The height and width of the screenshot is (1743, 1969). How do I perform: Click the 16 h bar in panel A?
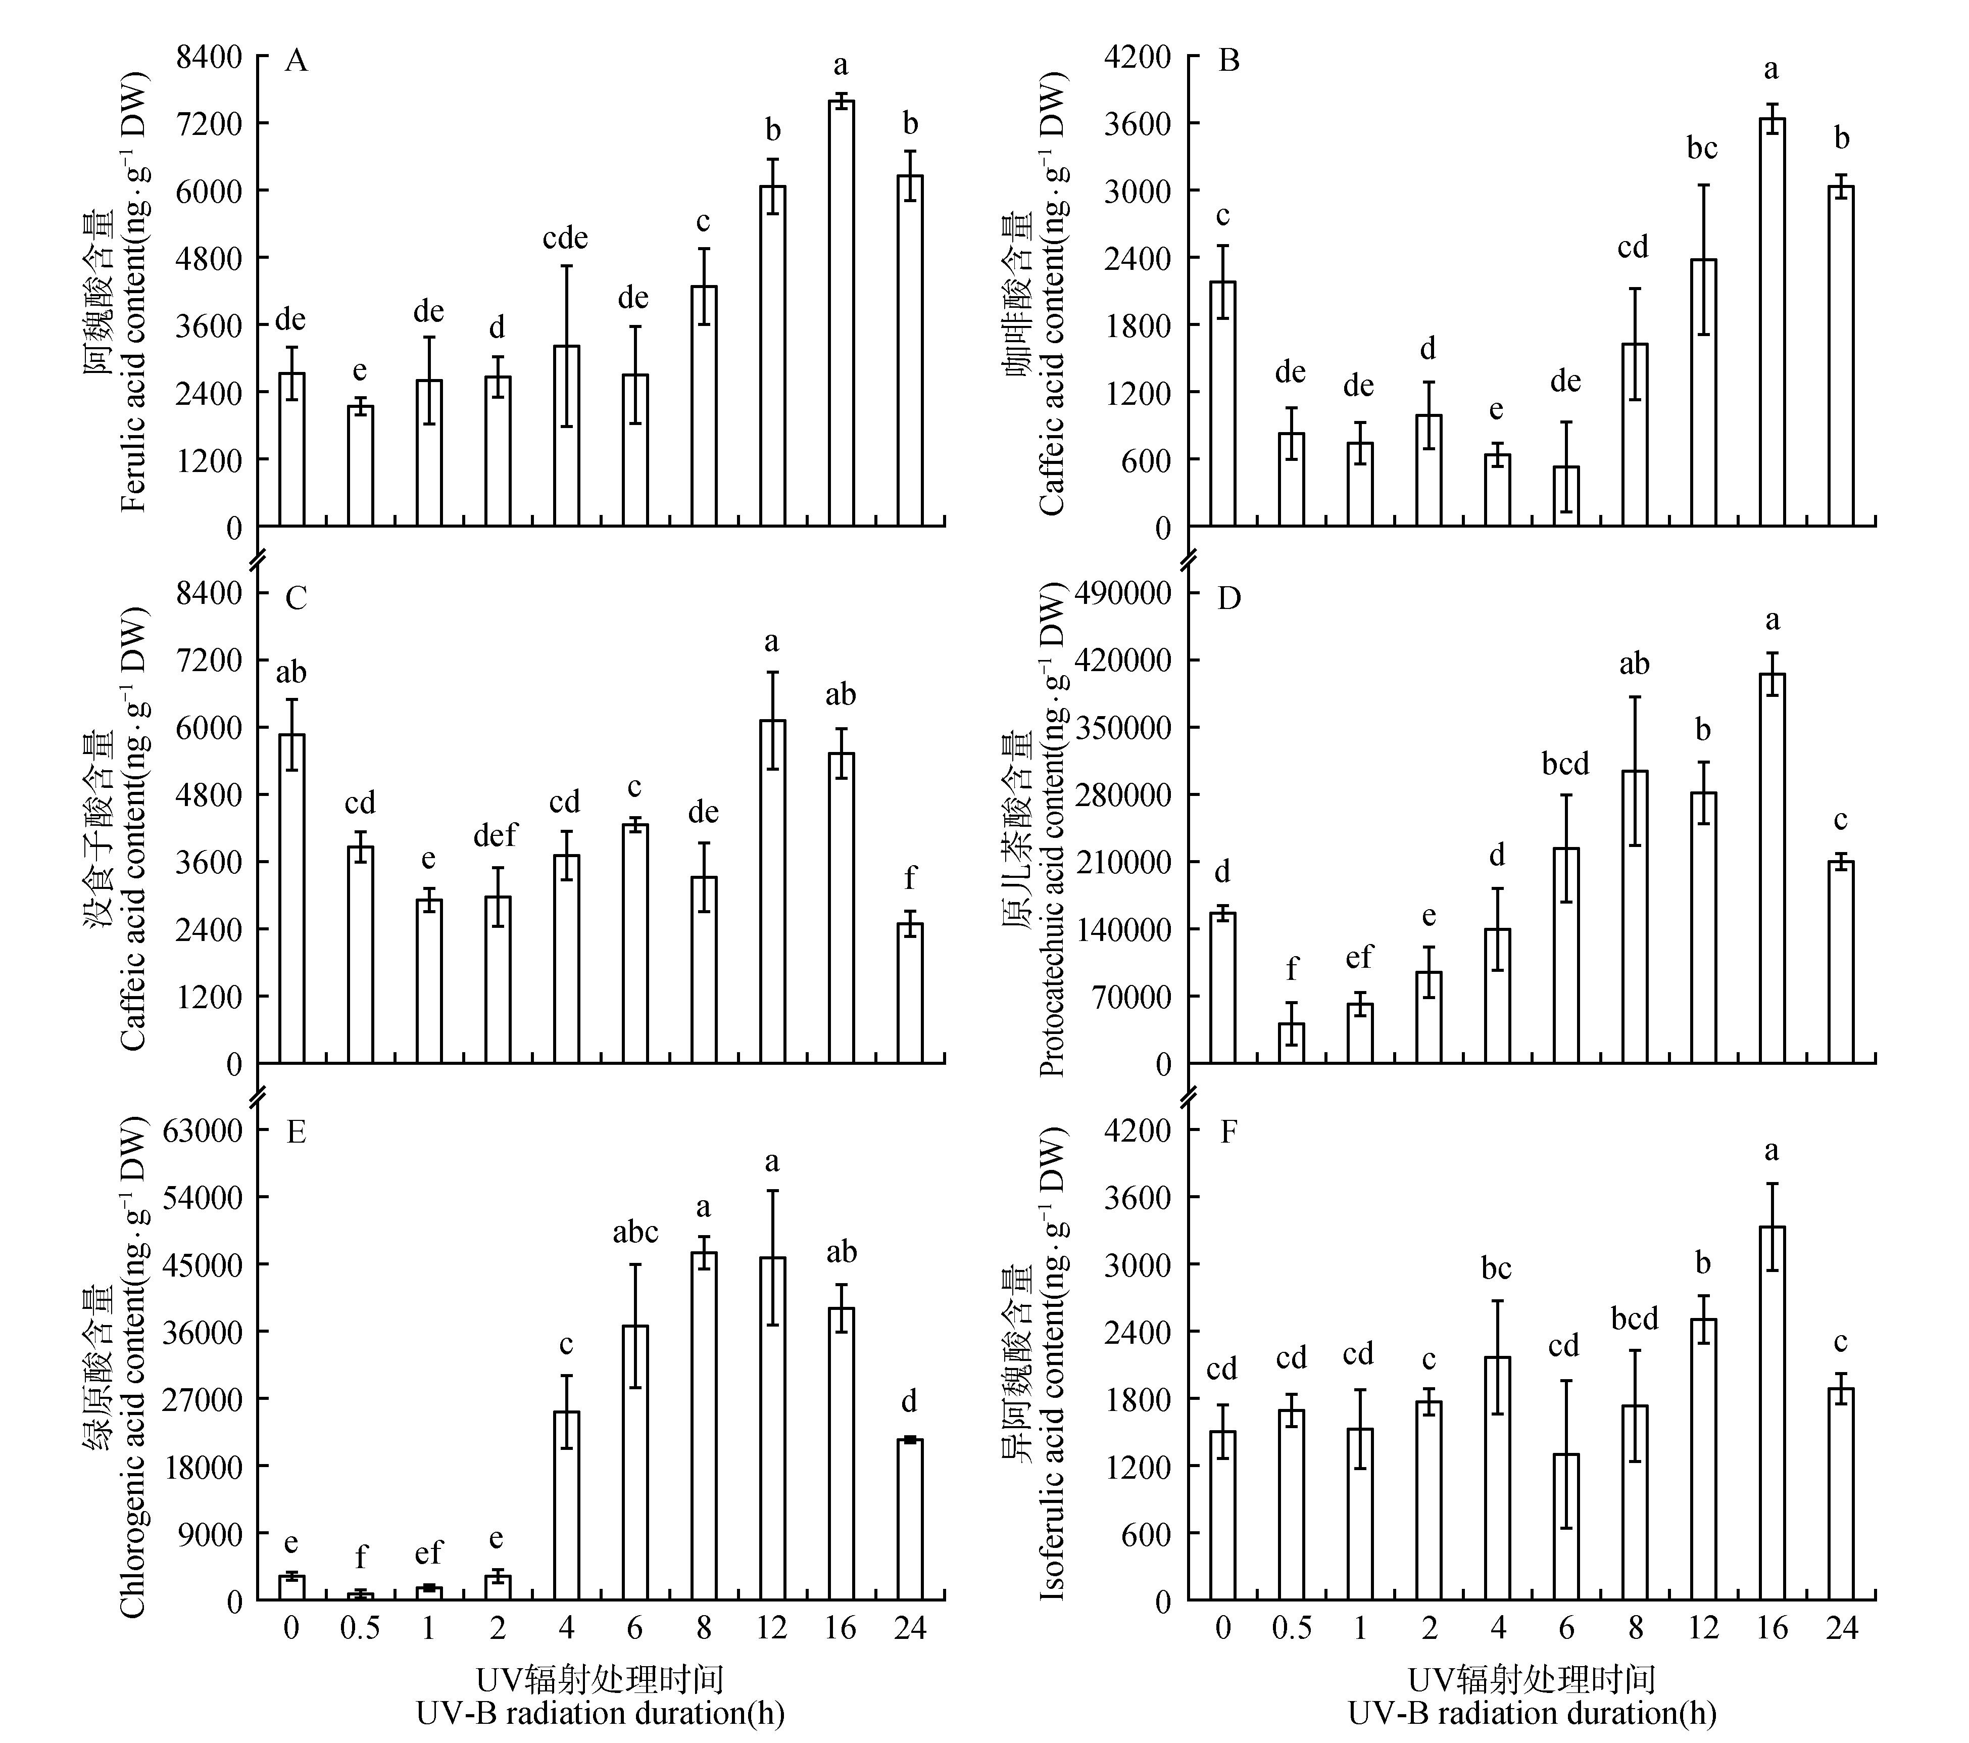841,313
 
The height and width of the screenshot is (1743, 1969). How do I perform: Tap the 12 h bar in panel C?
772,891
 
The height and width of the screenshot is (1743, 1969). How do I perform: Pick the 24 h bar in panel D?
1841,962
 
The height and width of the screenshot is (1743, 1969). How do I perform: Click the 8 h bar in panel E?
703,1426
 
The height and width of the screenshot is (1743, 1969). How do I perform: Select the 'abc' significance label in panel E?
635,1232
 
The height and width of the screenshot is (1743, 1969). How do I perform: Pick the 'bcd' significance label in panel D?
1565,764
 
